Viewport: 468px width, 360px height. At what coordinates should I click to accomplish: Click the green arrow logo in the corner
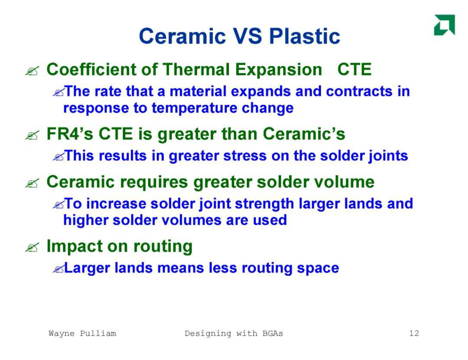point(445,25)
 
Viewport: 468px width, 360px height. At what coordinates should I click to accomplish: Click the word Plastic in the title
point(305,36)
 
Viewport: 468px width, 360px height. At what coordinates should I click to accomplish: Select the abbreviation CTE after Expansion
point(354,70)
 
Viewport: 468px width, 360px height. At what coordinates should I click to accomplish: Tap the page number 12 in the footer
point(414,333)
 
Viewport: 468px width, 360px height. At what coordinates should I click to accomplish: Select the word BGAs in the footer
point(273,333)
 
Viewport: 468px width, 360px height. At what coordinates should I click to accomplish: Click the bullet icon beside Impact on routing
point(32,248)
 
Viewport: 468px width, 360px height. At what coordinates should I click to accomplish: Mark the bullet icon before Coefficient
point(32,71)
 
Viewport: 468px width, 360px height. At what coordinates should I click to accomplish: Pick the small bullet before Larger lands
point(58,269)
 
